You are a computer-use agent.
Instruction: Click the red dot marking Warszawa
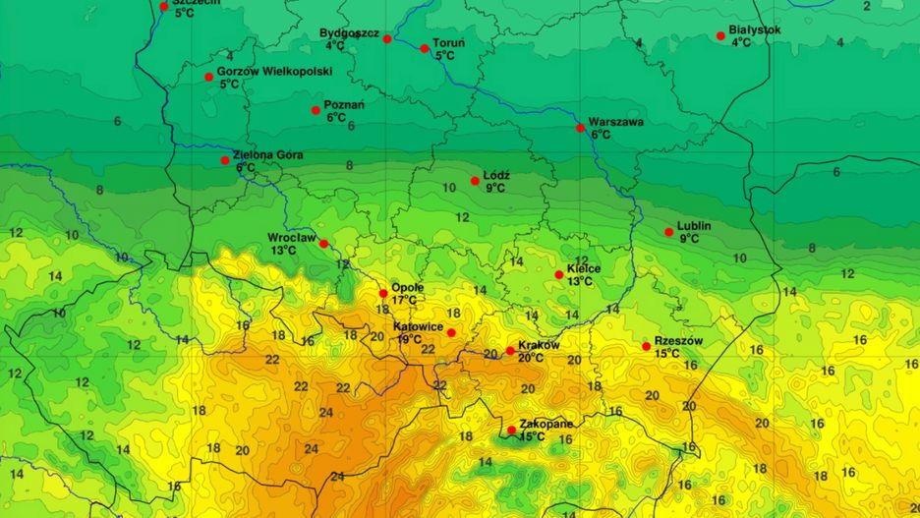click(x=580, y=128)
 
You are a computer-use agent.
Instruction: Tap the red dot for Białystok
click(x=720, y=36)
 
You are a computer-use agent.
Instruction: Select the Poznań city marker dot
click(x=316, y=110)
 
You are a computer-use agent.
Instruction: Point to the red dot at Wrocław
click(x=323, y=244)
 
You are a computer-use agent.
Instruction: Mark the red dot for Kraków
click(x=510, y=351)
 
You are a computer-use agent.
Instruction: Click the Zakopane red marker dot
click(x=511, y=430)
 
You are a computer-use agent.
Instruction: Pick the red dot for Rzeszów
click(x=646, y=346)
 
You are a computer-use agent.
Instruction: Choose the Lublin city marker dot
click(x=668, y=233)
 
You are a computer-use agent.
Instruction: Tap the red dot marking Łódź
click(x=475, y=181)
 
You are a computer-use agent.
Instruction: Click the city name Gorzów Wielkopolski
click(x=274, y=72)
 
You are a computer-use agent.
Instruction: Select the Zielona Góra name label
click(x=267, y=155)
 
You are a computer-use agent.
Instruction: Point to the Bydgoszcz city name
click(x=349, y=33)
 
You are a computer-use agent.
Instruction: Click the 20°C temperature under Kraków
click(x=531, y=358)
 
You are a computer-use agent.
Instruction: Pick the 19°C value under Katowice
click(x=410, y=339)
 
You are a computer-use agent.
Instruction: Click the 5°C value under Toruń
click(x=444, y=56)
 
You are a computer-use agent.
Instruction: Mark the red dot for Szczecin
click(x=163, y=6)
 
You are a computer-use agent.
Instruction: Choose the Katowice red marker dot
click(x=451, y=332)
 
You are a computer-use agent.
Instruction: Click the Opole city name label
click(x=407, y=287)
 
